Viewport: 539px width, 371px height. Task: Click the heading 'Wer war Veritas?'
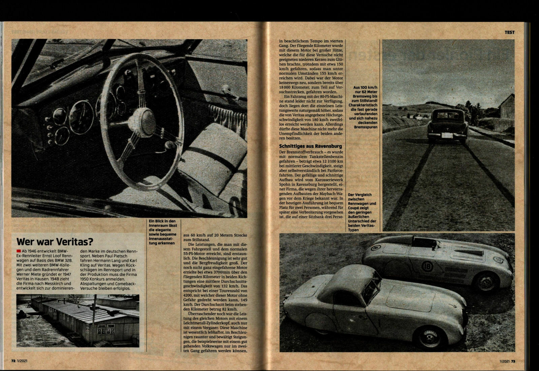click(55, 242)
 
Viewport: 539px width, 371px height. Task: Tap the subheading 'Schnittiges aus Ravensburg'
click(310, 146)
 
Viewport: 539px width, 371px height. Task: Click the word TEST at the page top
click(509, 32)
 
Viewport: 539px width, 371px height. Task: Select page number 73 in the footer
click(513, 361)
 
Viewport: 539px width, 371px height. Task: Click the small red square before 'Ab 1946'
click(18, 252)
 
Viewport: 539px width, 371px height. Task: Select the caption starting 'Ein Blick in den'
click(162, 233)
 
